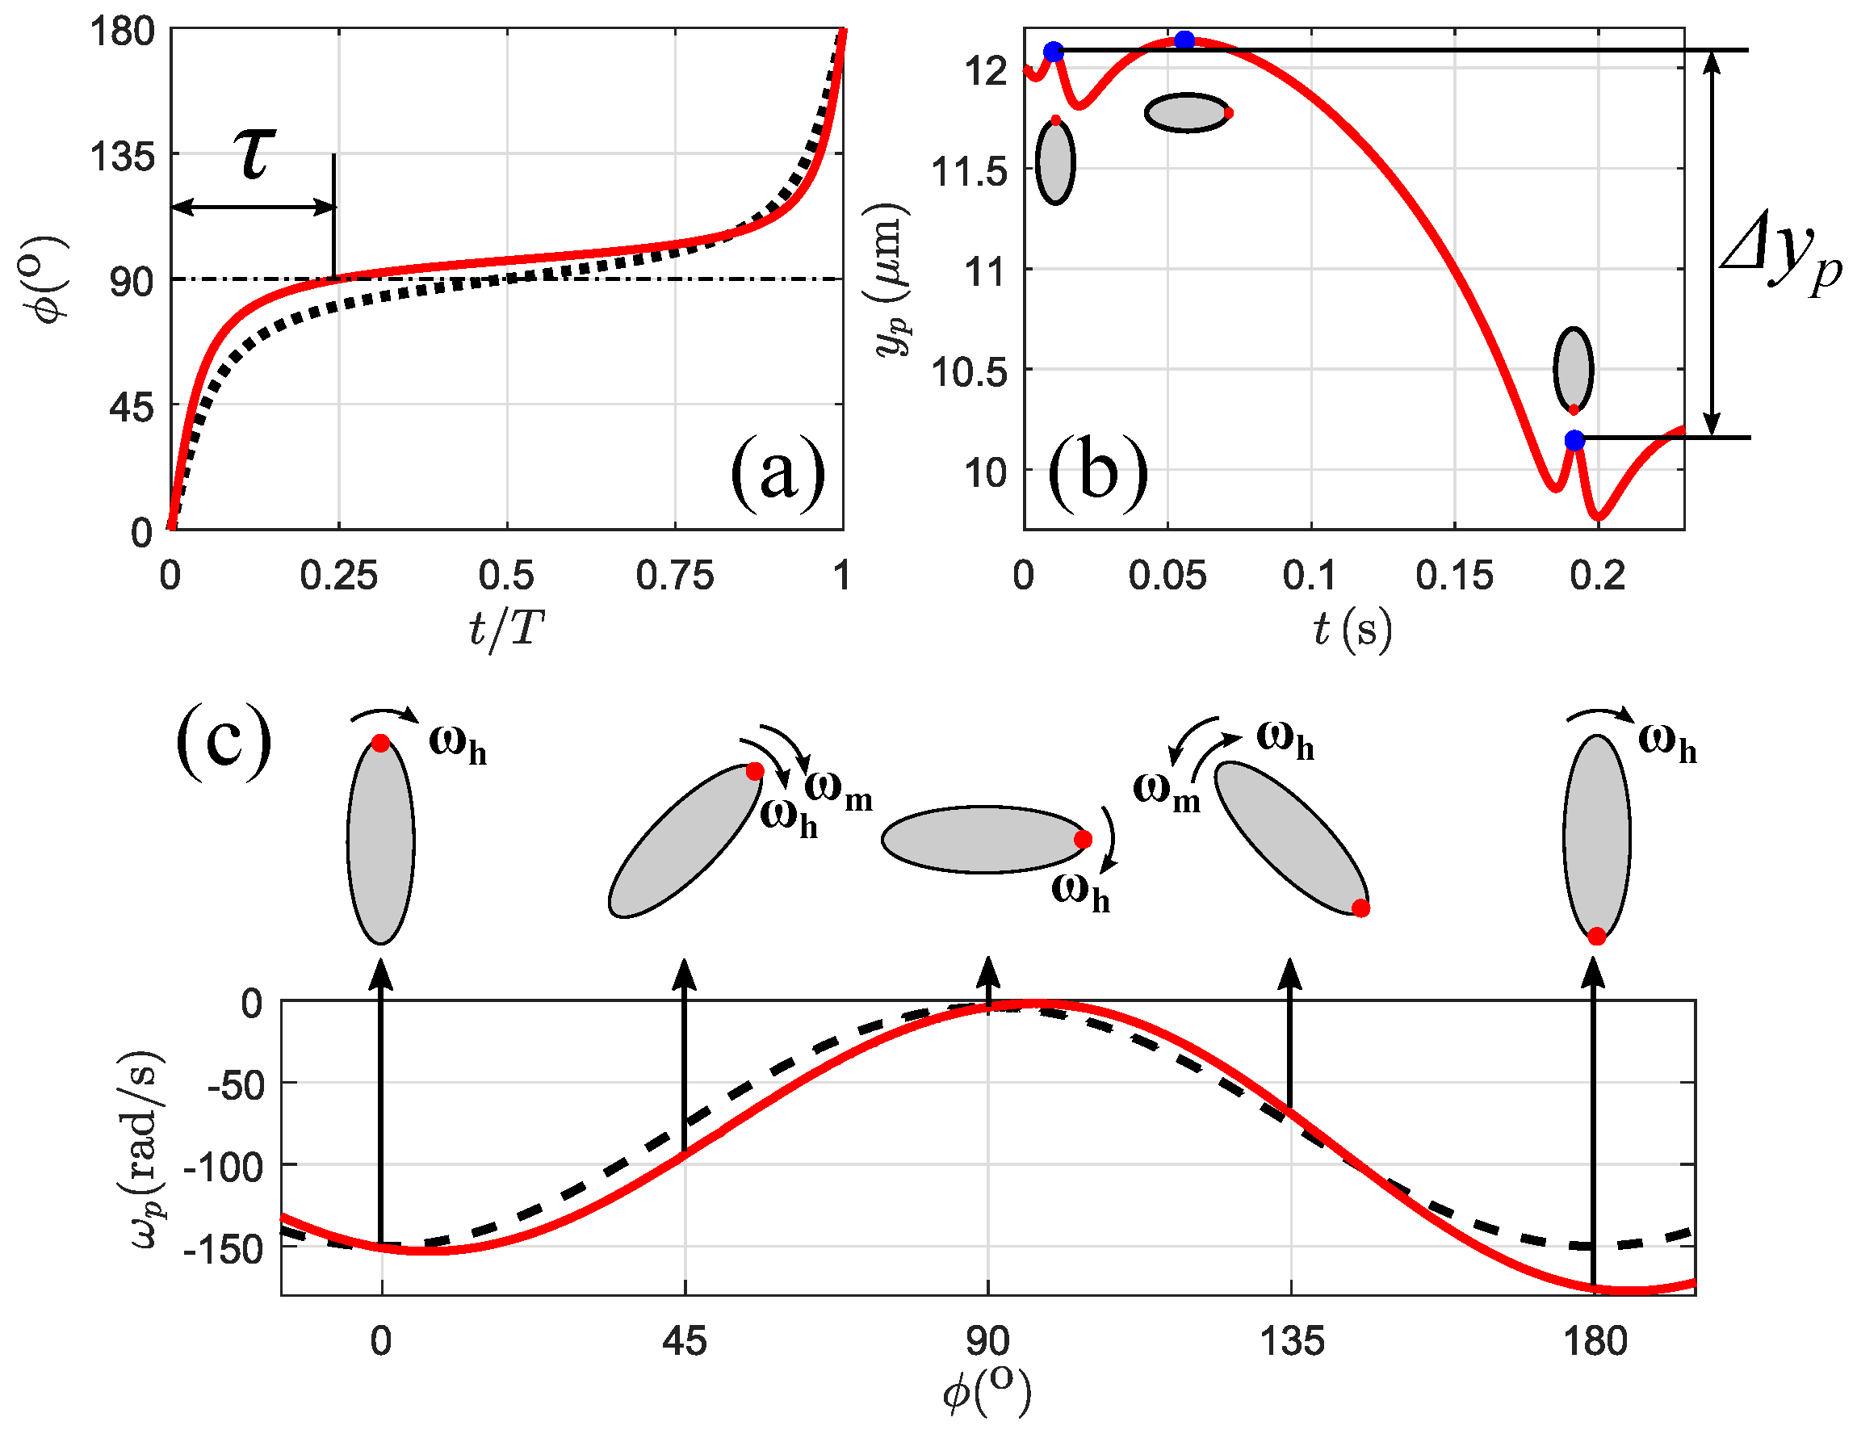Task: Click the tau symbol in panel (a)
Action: (254, 155)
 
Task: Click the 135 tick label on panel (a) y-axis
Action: (124, 157)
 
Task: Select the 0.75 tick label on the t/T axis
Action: (674, 577)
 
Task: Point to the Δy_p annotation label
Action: (1779, 255)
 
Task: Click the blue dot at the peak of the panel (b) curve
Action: (1184, 40)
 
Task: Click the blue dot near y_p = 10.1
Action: (1574, 441)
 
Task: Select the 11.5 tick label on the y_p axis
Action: (970, 172)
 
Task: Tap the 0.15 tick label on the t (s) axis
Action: (1454, 577)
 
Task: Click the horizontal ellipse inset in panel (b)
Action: (1186, 113)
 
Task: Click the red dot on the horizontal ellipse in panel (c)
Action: (1083, 840)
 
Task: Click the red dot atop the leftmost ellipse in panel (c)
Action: (381, 744)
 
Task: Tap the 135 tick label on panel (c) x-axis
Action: (1291, 1342)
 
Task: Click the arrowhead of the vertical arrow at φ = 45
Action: (685, 972)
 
